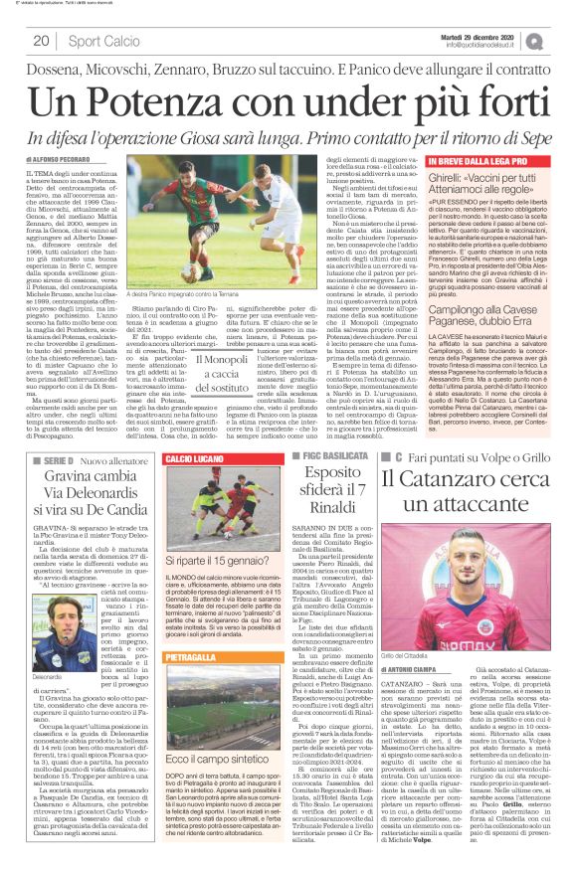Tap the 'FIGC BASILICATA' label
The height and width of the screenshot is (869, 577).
(325, 457)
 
